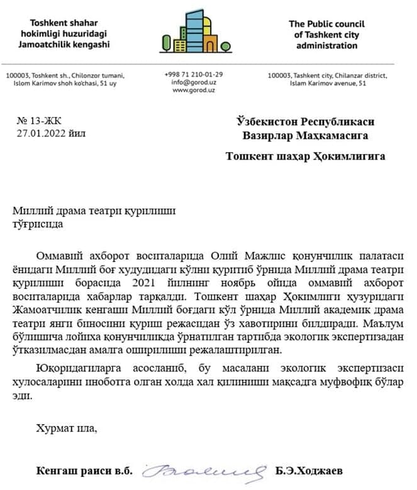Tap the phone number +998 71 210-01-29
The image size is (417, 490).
point(193,73)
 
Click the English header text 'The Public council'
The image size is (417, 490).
point(326,24)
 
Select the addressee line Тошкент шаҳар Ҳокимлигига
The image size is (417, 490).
point(306,156)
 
